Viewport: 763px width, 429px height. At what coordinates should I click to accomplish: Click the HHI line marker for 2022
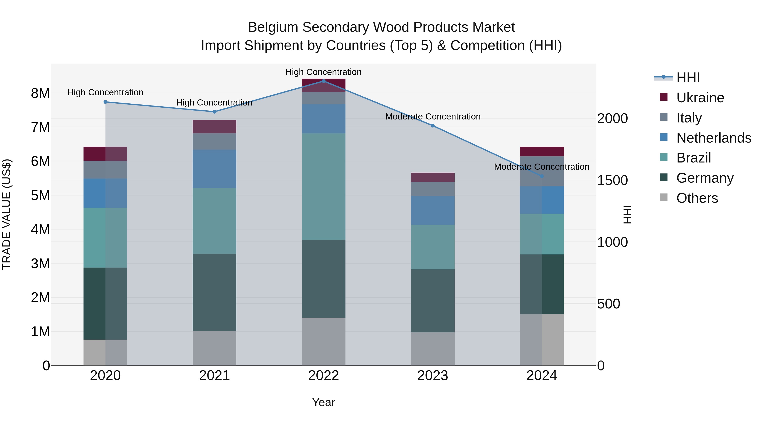(x=323, y=81)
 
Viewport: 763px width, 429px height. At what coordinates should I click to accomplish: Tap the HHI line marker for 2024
(x=542, y=176)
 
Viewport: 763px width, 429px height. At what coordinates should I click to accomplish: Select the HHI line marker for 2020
(x=106, y=102)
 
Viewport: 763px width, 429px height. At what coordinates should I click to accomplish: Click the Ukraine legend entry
(x=700, y=98)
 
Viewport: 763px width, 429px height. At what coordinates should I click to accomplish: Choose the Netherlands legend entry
(x=713, y=138)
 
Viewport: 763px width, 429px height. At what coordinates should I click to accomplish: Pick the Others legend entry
(x=697, y=198)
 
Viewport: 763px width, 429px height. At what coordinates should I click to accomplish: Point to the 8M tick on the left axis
(x=40, y=93)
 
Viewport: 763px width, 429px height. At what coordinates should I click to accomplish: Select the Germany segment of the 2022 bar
(x=323, y=279)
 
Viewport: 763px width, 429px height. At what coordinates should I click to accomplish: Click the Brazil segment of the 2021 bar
(x=214, y=221)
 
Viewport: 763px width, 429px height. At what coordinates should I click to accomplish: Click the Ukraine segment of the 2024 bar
(x=542, y=152)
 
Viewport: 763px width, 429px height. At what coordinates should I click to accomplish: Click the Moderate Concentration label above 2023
(x=433, y=117)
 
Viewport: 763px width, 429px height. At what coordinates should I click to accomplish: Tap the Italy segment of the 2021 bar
(x=214, y=142)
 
